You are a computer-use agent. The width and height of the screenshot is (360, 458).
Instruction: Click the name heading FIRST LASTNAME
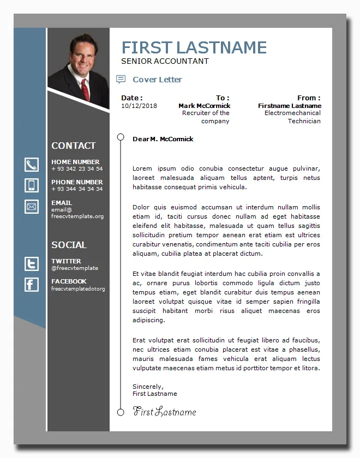pos(194,47)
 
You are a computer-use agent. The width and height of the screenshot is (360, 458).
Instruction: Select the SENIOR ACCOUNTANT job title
pos(165,61)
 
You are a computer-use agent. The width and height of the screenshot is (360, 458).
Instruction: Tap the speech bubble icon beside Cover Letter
pos(121,80)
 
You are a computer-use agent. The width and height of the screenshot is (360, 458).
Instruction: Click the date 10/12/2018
pos(139,106)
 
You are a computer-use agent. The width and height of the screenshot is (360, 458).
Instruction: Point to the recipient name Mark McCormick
pos(204,106)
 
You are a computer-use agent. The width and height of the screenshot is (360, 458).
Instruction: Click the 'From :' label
pos(309,98)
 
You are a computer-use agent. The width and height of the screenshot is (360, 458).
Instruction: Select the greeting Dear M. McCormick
pos(163,139)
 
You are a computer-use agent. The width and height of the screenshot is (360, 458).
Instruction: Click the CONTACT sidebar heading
pos(73,146)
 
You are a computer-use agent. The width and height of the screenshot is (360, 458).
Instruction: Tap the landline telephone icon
pos(32,165)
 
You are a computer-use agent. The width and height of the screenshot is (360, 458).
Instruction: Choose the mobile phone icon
pos(32,185)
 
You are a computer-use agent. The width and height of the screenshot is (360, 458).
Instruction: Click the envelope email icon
pos(32,207)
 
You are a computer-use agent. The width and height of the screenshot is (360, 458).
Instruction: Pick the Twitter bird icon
pos(32,264)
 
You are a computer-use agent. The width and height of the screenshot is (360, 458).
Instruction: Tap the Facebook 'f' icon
pos(32,284)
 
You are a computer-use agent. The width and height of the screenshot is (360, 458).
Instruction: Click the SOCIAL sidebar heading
pos(69,245)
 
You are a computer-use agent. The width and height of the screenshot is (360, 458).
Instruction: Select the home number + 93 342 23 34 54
pos(77,169)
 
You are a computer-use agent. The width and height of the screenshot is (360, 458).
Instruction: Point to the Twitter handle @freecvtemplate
pos(75,268)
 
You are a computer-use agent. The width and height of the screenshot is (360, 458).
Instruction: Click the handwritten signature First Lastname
pos(164,412)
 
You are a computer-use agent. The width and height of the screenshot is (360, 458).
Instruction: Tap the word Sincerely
pos(148,387)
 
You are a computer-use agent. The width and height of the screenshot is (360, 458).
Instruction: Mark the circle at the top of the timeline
pos(121,137)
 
